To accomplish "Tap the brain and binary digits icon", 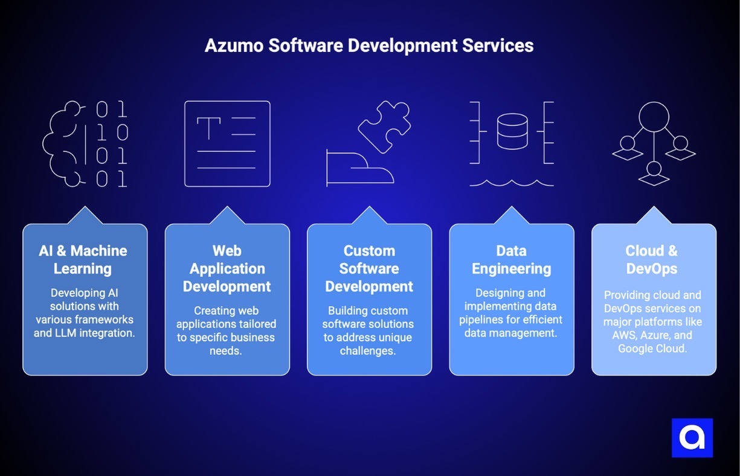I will [85, 144].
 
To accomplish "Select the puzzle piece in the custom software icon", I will [385, 126].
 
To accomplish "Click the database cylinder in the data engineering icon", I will [512, 131].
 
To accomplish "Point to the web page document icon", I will [227, 143].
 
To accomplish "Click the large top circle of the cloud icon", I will [654, 117].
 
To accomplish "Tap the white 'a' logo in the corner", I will [692, 437].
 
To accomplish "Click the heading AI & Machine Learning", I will [83, 259].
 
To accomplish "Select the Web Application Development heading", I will [227, 269].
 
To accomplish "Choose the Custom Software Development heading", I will [369, 269].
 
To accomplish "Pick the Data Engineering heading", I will [512, 259].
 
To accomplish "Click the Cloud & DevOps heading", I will [652, 259].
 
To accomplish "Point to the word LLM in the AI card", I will [45, 333].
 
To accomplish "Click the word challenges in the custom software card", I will [369, 351].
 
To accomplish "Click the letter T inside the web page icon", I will [208, 129].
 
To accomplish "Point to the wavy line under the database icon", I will [512, 182].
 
